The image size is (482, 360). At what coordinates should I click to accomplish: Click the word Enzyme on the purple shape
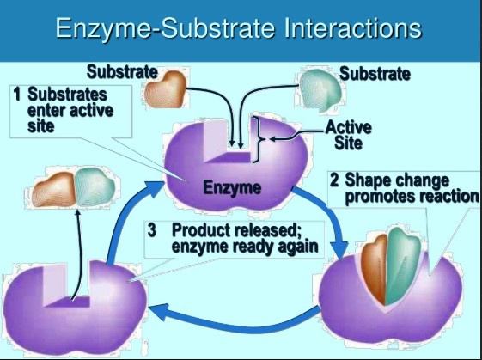tap(232, 187)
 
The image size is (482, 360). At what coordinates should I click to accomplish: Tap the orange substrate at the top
tap(165, 89)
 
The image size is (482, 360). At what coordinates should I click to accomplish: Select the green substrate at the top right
tap(320, 90)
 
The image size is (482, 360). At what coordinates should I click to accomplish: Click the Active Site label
tap(348, 135)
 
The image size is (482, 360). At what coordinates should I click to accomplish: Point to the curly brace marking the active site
tap(259, 139)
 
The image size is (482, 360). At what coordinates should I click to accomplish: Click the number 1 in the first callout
tap(17, 94)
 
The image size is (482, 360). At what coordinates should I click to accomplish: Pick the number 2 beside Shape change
tap(334, 180)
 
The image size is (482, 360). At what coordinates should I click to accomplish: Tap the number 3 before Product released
tap(152, 230)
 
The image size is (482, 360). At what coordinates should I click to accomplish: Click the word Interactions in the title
tap(352, 28)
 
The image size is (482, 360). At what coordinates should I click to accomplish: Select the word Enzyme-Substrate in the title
tap(165, 29)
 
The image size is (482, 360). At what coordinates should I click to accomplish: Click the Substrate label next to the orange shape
tap(122, 72)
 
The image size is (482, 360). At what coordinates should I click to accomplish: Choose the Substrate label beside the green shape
tap(375, 74)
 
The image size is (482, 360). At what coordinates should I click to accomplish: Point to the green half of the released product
tap(95, 186)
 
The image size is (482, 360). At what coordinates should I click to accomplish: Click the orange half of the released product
tap(54, 189)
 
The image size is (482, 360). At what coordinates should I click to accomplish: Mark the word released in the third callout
tap(265, 230)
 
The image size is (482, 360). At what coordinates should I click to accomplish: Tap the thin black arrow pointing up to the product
tap(79, 255)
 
